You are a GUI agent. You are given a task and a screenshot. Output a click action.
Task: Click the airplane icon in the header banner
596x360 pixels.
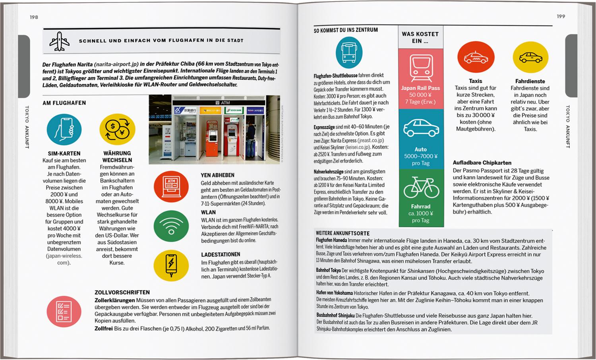(x=59, y=41)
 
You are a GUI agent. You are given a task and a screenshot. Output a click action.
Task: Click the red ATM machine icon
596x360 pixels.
(x=171, y=186)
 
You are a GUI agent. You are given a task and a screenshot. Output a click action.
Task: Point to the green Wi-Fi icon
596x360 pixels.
(x=171, y=226)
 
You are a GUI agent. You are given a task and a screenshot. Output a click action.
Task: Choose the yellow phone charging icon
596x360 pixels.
(x=171, y=265)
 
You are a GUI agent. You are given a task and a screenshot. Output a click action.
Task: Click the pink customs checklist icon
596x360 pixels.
(x=64, y=312)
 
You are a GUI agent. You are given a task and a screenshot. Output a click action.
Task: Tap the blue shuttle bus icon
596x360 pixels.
(x=349, y=52)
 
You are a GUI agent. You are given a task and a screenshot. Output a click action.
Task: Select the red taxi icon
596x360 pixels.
(x=476, y=58)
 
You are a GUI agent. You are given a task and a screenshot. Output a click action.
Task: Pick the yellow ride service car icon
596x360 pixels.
(x=530, y=58)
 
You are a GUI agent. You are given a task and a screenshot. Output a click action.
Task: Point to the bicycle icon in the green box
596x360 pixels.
(x=421, y=188)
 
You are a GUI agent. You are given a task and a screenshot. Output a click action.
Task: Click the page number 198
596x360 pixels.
(x=34, y=17)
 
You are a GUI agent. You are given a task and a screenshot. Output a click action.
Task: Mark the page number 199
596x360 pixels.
(x=561, y=16)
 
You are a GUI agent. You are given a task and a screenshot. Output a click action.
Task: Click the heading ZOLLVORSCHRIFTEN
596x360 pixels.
(x=122, y=292)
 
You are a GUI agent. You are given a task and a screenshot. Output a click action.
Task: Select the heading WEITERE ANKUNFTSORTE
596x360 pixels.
(x=343, y=233)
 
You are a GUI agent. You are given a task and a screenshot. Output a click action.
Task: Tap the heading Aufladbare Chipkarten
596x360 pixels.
(x=482, y=163)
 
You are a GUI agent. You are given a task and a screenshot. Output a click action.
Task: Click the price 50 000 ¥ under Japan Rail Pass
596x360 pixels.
(x=420, y=95)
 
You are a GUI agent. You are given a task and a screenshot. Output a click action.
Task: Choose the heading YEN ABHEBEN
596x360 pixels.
(x=217, y=175)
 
